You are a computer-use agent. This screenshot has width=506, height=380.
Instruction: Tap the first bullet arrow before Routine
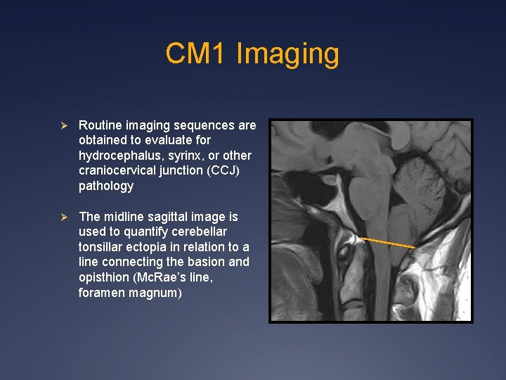(63, 125)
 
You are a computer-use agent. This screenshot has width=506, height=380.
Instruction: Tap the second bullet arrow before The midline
(63, 217)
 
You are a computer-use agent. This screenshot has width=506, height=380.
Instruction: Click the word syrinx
(185, 156)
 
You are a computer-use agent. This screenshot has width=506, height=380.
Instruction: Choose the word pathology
(106, 186)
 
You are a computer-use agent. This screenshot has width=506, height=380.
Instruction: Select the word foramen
(102, 293)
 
